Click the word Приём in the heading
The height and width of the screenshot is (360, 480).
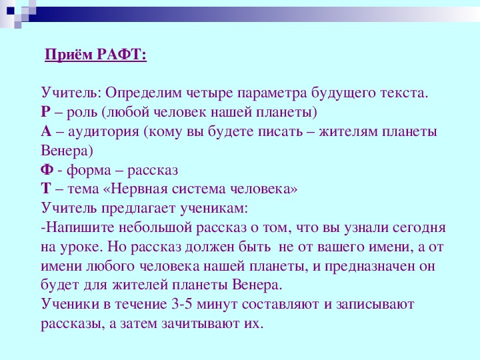(69, 55)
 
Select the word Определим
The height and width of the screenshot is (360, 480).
(143, 93)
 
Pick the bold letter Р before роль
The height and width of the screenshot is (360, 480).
(45, 112)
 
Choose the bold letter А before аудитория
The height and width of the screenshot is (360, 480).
(46, 131)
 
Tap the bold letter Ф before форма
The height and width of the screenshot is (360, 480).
(47, 169)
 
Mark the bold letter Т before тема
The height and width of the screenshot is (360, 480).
(46, 189)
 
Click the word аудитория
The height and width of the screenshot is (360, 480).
(103, 132)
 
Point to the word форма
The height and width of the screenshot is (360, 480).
(89, 170)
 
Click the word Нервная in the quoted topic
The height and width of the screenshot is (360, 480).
(139, 189)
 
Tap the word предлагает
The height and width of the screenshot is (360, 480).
(139, 209)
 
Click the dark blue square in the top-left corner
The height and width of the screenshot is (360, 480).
(11, 11)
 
